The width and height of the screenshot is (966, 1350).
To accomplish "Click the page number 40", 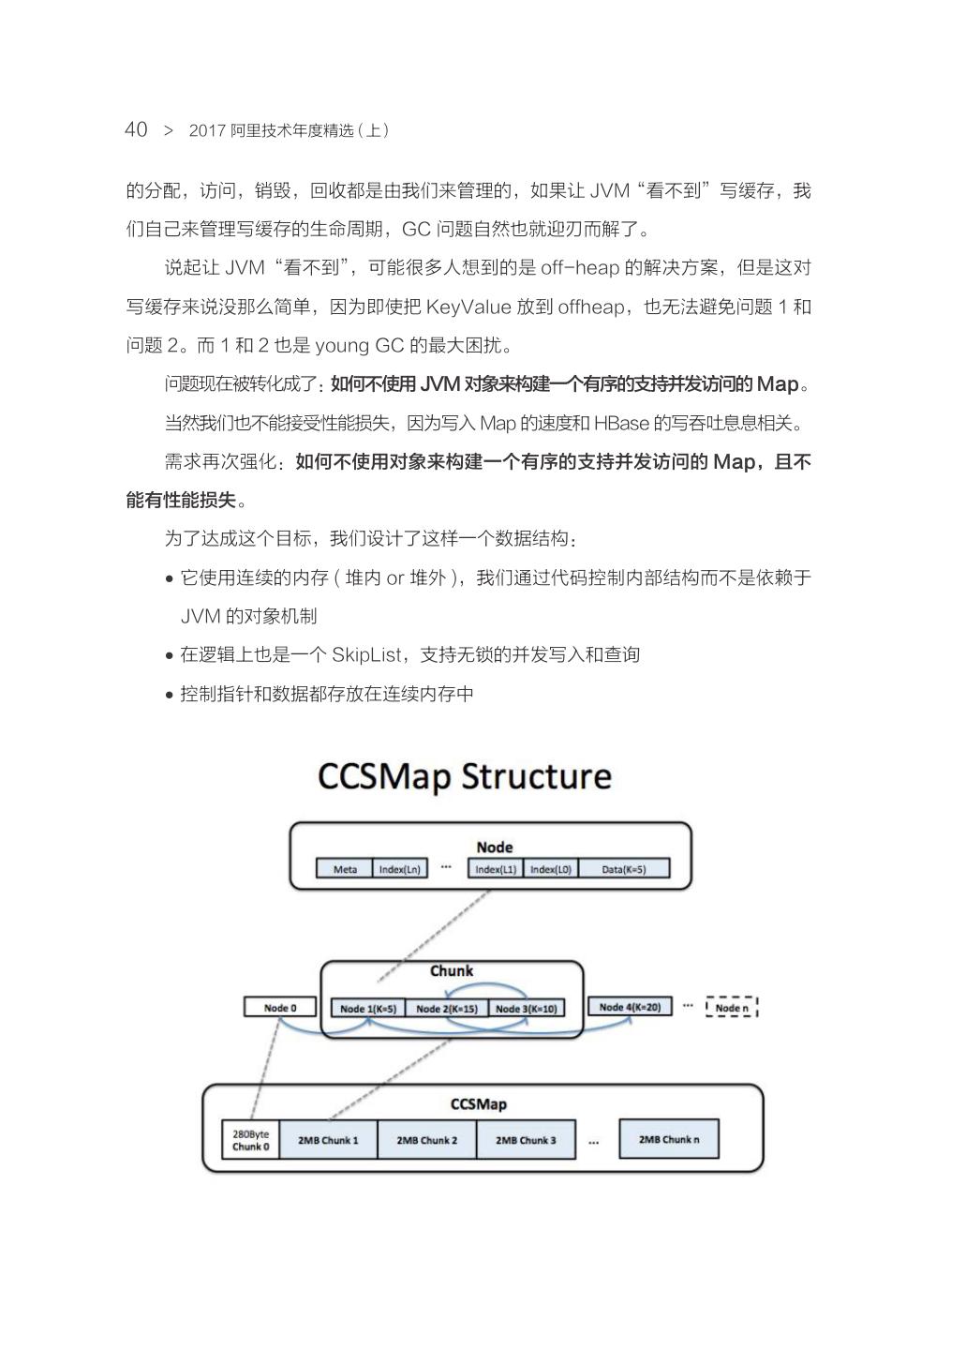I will pyautogui.click(x=136, y=129).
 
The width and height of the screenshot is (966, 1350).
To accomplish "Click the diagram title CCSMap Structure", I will pyautogui.click(x=465, y=777).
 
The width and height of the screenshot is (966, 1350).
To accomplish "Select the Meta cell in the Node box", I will pyautogui.click(x=345, y=869).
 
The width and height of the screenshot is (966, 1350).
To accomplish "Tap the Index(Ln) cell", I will pyautogui.click(x=399, y=869).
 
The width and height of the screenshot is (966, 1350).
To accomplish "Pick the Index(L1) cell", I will pyautogui.click(x=496, y=869).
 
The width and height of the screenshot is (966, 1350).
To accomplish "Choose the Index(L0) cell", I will pyautogui.click(x=550, y=869).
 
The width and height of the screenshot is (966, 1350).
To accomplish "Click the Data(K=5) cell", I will pyautogui.click(x=624, y=869).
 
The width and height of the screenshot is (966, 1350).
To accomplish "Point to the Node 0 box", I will pyautogui.click(x=279, y=1008).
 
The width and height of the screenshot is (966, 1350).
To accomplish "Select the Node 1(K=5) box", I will pyautogui.click(x=368, y=1009).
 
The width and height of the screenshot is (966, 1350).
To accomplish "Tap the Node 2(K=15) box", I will pyautogui.click(x=446, y=1009).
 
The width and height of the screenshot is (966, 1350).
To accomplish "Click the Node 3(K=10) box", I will pyautogui.click(x=526, y=1009).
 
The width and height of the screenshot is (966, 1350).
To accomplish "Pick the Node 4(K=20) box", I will pyautogui.click(x=630, y=1007).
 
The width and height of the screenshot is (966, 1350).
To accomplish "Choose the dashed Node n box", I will pyautogui.click(x=732, y=1008).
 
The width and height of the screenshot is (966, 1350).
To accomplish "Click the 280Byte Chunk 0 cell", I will pyautogui.click(x=250, y=1140).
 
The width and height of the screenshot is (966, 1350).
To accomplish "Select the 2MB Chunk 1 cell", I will pyautogui.click(x=328, y=1140).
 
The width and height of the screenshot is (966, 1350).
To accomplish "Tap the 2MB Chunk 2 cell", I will pyautogui.click(x=426, y=1140).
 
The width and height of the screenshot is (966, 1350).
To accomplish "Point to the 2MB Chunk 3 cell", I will pyautogui.click(x=525, y=1140).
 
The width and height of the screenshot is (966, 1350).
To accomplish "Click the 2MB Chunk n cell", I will pyautogui.click(x=668, y=1139).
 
